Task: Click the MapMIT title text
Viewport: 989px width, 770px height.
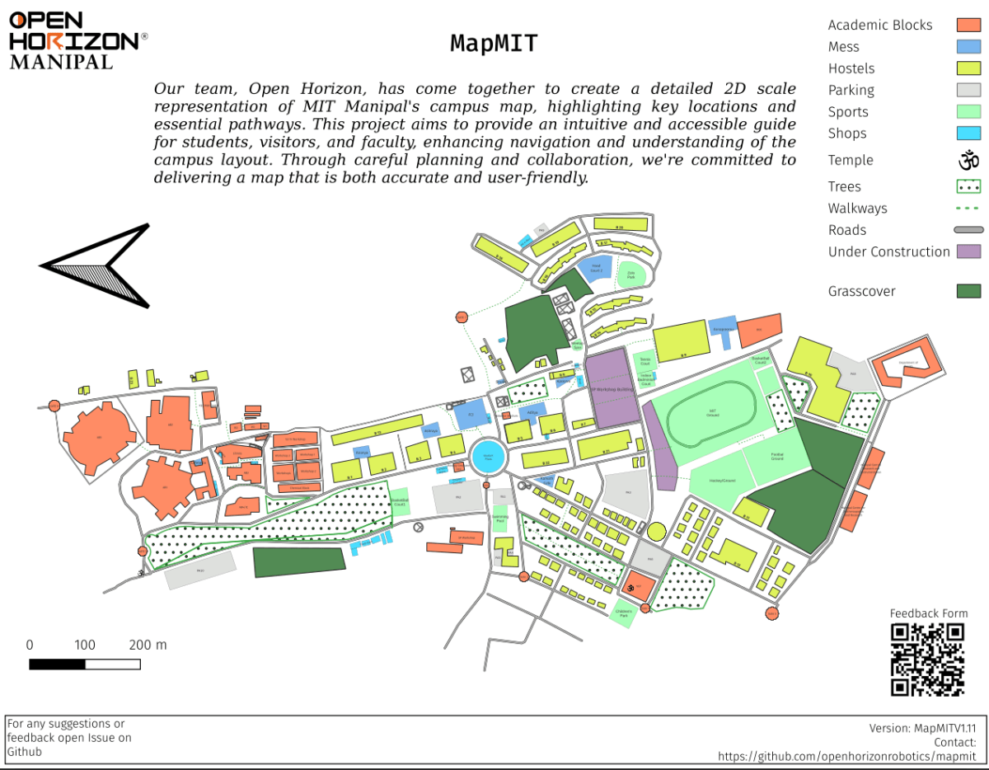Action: (x=494, y=43)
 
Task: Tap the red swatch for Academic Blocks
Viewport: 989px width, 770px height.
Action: (x=968, y=26)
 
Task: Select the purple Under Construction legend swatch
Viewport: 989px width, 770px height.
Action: (x=968, y=251)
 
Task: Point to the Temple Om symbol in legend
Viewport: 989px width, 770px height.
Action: (x=968, y=160)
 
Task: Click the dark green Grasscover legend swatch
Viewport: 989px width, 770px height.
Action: (x=968, y=291)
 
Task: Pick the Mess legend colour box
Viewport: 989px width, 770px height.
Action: (x=968, y=47)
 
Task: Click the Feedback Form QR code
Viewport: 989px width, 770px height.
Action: (x=928, y=660)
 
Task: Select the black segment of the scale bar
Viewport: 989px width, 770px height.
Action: (x=58, y=664)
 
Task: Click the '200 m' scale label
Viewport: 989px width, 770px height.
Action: (x=148, y=645)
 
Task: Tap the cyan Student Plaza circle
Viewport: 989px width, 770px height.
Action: (x=488, y=456)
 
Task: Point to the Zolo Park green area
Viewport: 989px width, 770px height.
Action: (x=631, y=277)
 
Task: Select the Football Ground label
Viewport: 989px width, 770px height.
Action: (x=777, y=456)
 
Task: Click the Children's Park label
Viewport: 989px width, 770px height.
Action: (x=623, y=613)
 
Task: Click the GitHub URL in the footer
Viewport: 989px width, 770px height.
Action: (x=846, y=756)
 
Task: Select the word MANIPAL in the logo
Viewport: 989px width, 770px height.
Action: (x=62, y=62)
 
